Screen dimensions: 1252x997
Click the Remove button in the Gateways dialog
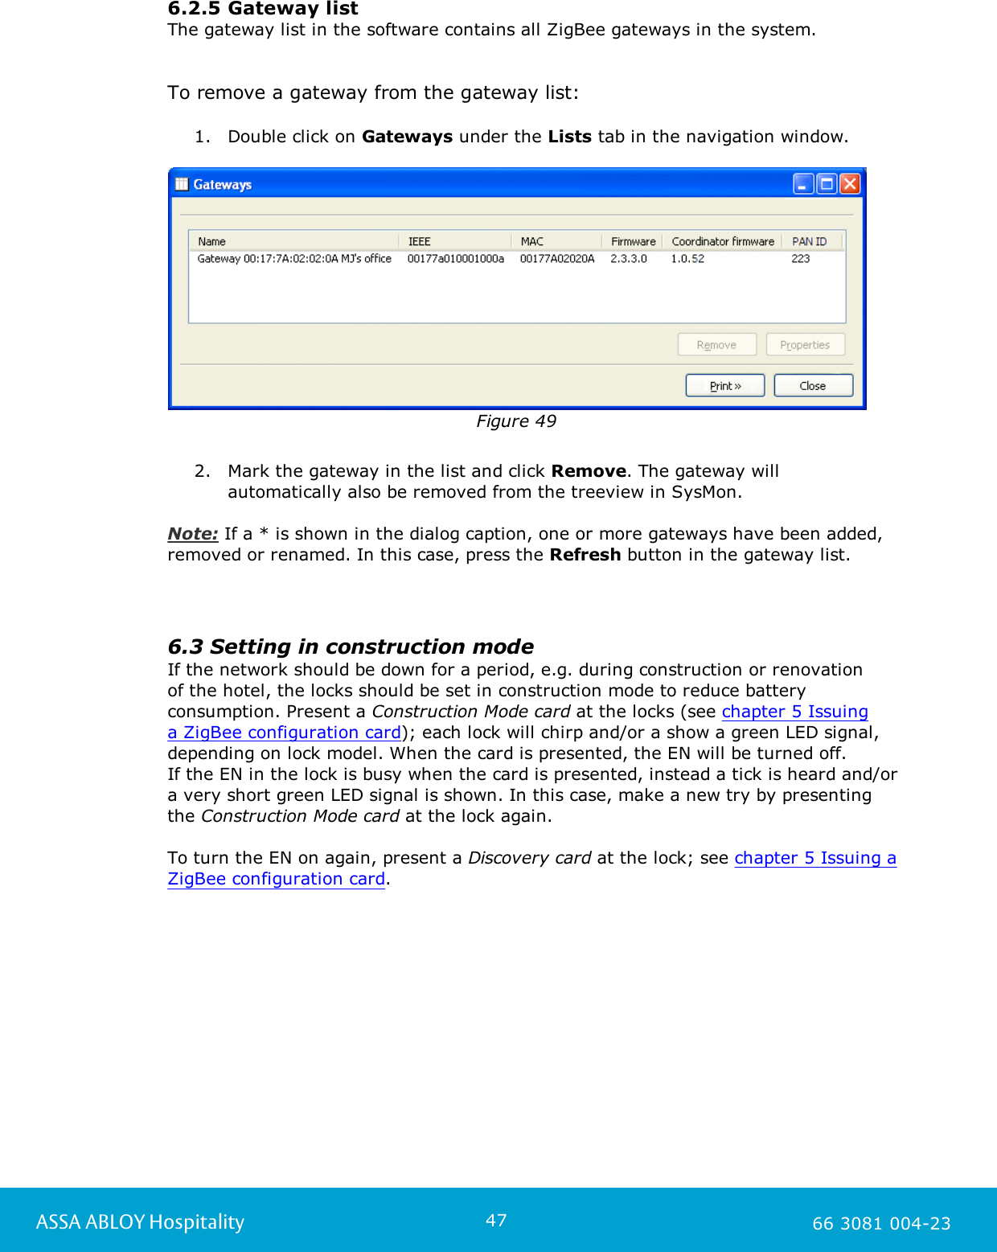tap(716, 345)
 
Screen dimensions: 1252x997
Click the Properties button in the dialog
tap(805, 345)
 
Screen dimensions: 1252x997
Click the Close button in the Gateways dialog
tap(812, 386)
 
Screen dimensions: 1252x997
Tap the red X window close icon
tap(850, 184)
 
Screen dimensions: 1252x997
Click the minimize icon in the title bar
tap(802, 184)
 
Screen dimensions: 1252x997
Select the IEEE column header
tap(420, 241)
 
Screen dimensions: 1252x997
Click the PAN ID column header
tap(809, 241)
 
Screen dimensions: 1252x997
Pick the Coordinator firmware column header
tap(722, 241)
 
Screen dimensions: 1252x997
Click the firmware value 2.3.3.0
tap(628, 259)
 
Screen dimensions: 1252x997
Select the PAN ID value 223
tap(800, 259)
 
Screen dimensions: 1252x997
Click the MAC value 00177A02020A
tap(556, 259)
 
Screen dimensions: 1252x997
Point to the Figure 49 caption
tap(515, 421)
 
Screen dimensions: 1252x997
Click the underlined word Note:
tap(193, 534)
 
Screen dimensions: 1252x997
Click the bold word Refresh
tap(585, 555)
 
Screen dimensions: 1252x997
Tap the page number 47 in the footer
tap(496, 1220)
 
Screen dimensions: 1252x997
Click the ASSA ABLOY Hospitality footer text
tap(140, 1222)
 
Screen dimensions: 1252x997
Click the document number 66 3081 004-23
tap(881, 1224)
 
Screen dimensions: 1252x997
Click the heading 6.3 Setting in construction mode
tap(351, 647)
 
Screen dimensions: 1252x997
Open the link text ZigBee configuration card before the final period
tap(276, 879)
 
